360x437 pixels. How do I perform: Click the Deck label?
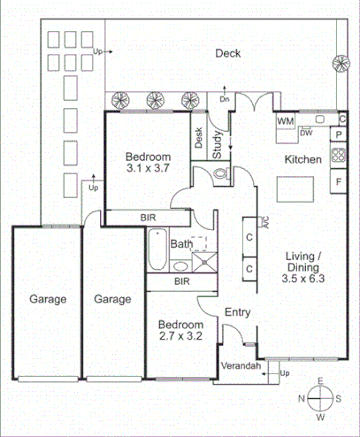coord(228,53)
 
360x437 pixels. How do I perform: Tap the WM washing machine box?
coord(286,120)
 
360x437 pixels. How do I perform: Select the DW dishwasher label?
coord(306,134)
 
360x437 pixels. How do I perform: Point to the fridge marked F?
coord(338,182)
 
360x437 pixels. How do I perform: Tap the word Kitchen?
coord(301,160)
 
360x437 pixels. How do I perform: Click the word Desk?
coord(199,139)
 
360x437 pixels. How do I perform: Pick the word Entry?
coord(237,312)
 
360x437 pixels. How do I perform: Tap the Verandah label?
coord(241,365)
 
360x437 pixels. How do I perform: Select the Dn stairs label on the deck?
coord(225,99)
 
